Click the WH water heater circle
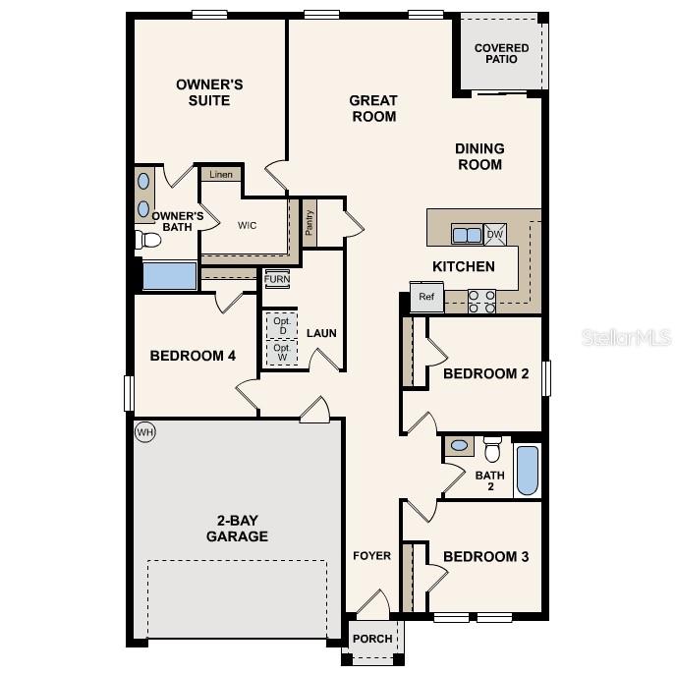pos(145,432)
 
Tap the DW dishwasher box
pos(495,235)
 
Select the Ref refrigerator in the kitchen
pos(426,297)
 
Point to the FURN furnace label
pos(277,279)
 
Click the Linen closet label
pos(221,175)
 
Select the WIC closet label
pos(247,225)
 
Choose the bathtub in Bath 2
pos(528,471)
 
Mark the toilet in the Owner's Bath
pos(149,239)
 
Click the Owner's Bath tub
pos(169,276)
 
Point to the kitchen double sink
pos(467,235)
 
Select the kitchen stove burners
pos(481,301)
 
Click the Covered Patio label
pos(501,53)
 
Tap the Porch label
pos(372,639)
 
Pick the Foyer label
pos(372,556)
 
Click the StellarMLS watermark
pos(627,337)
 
